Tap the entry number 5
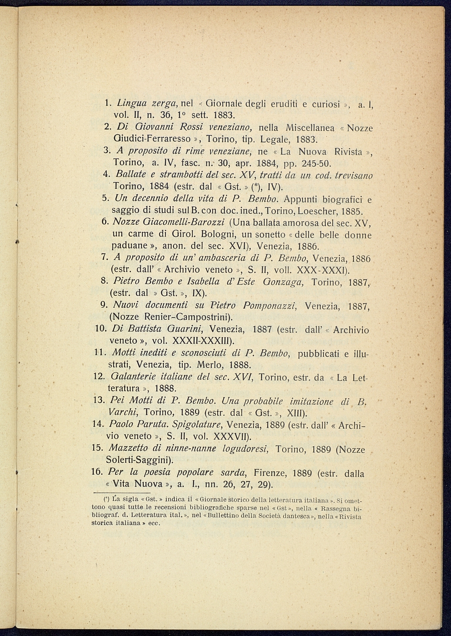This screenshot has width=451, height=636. click(105, 199)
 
